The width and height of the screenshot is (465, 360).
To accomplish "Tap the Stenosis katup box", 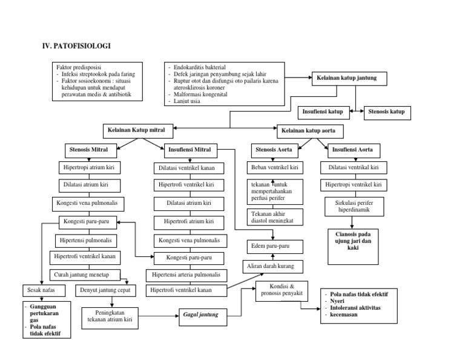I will point(386,112).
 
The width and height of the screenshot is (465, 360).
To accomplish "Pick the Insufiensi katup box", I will point(323,112).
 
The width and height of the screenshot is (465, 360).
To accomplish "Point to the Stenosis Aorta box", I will point(274,149).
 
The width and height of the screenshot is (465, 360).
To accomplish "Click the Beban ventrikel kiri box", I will point(274,167).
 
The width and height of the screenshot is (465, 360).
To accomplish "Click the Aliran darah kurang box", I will point(272,267).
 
